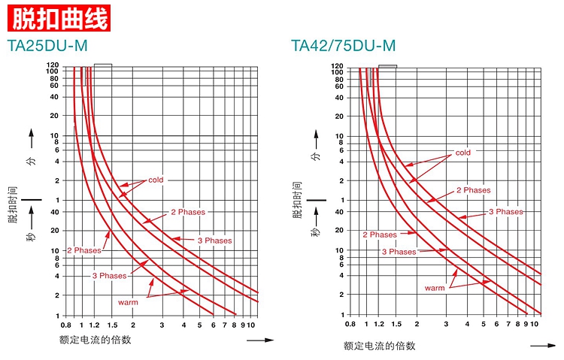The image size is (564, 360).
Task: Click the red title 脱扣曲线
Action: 59,17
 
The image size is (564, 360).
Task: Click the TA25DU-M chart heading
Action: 47,46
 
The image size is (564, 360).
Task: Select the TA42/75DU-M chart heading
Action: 344,46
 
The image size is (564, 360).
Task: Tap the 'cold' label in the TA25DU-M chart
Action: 156,180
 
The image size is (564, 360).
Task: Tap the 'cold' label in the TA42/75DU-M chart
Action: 463,153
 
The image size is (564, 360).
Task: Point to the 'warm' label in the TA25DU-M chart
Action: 128,302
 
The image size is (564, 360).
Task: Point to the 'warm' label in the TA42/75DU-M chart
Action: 435,288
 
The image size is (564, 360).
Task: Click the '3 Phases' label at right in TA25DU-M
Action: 215,241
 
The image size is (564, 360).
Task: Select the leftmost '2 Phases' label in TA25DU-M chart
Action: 83,250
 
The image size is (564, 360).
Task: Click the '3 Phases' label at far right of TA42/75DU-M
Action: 506,212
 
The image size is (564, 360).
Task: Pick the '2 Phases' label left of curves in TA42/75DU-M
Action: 380,235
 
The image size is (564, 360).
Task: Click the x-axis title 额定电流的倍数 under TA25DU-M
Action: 95,340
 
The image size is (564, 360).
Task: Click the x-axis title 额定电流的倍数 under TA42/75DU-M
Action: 380,346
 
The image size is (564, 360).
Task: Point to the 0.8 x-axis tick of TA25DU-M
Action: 65,325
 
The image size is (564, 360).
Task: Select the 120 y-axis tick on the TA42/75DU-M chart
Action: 338,68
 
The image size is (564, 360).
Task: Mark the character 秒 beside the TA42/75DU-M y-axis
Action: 317,234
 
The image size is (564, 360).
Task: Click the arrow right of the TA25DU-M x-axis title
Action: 259,340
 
